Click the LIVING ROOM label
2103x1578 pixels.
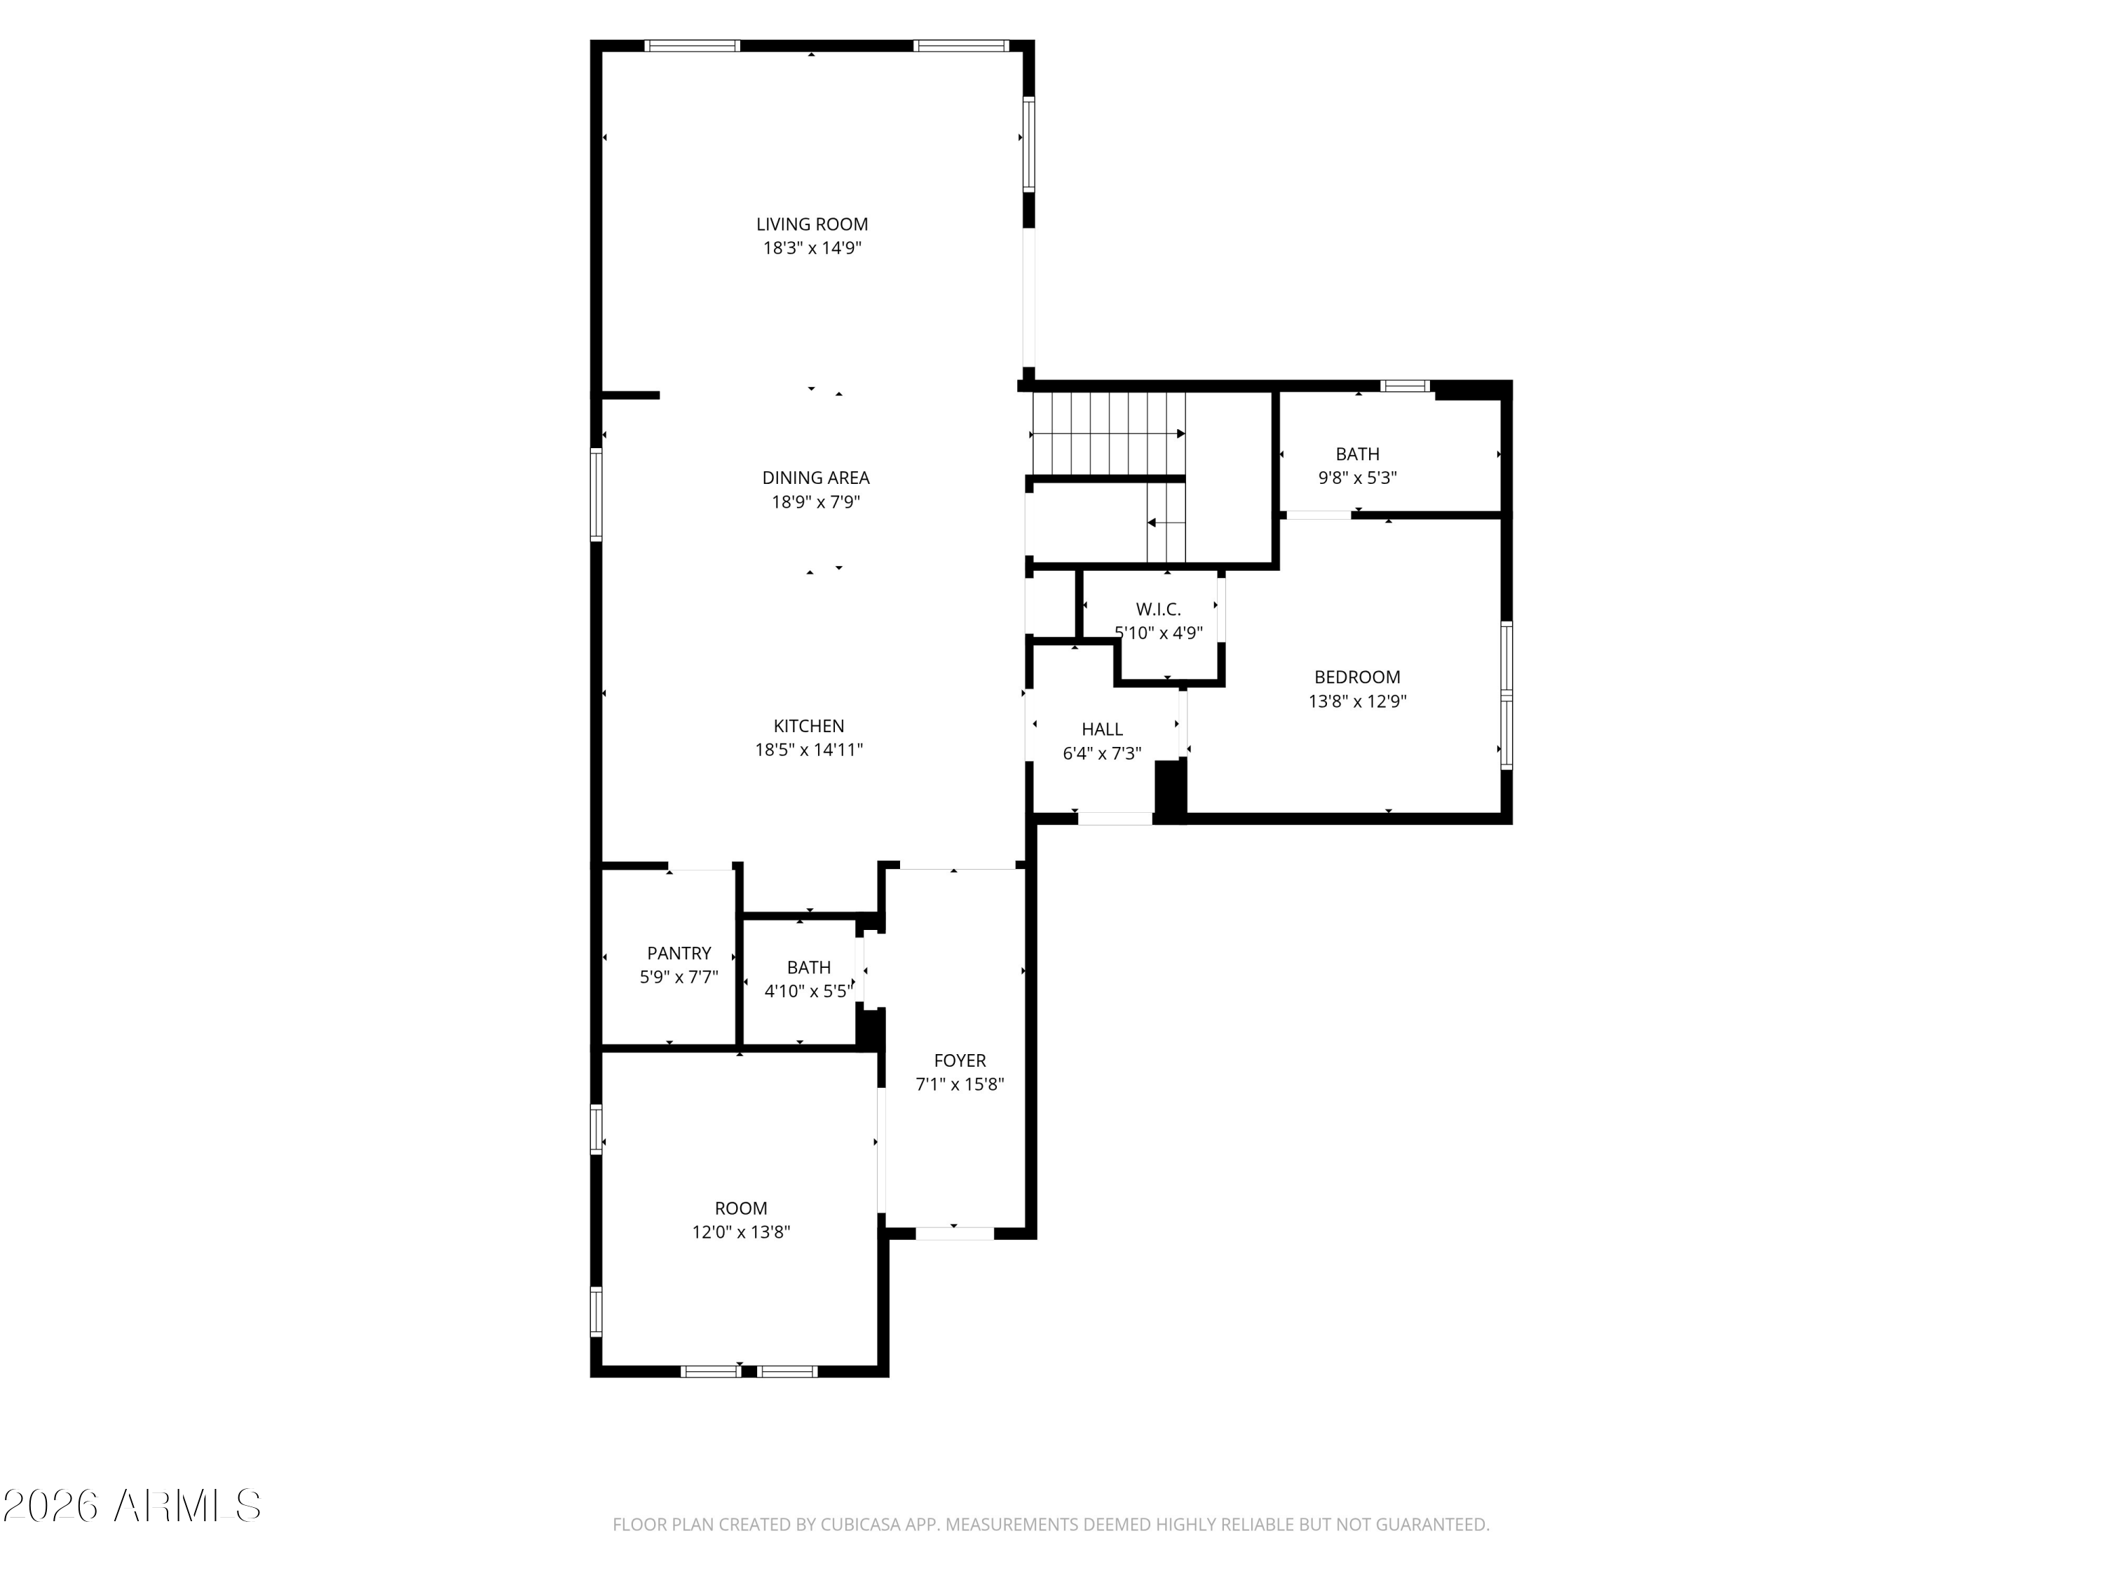(812, 224)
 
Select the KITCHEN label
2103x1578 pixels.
(808, 726)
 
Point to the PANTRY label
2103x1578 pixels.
(679, 953)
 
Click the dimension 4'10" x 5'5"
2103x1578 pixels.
(808, 991)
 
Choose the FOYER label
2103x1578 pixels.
(959, 1060)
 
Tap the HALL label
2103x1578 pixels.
(1102, 729)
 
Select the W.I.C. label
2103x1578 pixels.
(1158, 609)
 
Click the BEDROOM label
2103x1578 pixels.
(1356, 677)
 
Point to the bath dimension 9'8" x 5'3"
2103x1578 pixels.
(1356, 478)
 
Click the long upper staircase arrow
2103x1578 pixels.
(1108, 433)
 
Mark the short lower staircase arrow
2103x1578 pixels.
(1166, 522)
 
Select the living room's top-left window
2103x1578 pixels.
(692, 46)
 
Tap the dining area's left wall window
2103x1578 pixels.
(596, 494)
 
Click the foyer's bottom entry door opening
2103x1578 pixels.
(955, 1234)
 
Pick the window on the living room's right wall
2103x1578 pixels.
(1028, 144)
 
